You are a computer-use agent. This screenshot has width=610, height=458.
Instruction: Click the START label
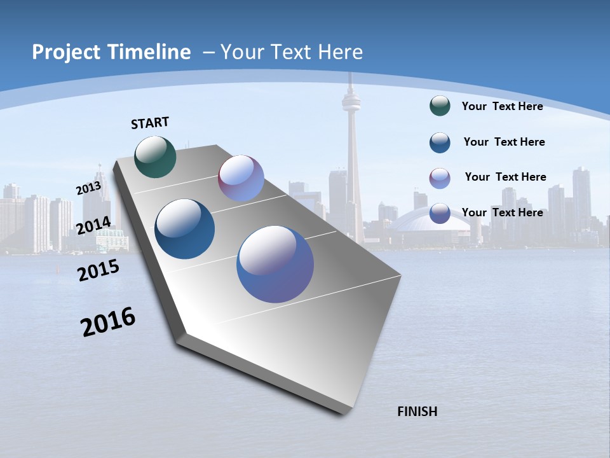pos(150,123)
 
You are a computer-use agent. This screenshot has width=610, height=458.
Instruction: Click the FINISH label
pos(417,412)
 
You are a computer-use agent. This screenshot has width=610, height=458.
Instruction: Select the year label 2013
pos(88,188)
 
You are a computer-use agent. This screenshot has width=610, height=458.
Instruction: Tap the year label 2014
pos(93,225)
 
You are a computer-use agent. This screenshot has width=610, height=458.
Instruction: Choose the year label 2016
pos(108,321)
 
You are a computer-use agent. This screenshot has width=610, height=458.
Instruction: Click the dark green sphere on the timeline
pos(155,156)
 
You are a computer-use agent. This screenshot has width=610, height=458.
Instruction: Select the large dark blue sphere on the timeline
pos(184,229)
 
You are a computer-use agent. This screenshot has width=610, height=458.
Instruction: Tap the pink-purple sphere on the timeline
pos(241,178)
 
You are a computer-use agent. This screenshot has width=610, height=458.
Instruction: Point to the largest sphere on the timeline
pos(274,264)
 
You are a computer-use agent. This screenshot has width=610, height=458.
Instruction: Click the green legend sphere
pos(440,106)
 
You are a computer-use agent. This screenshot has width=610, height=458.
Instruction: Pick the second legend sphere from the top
pos(440,142)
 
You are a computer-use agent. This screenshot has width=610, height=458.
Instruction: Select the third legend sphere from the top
pos(440,178)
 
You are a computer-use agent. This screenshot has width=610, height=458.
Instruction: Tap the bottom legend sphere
pos(440,214)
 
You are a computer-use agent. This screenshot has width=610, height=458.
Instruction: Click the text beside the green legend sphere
pos(502,106)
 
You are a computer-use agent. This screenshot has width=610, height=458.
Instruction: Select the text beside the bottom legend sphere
pos(502,212)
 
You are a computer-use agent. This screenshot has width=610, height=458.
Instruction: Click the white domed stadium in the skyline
pos(423,223)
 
